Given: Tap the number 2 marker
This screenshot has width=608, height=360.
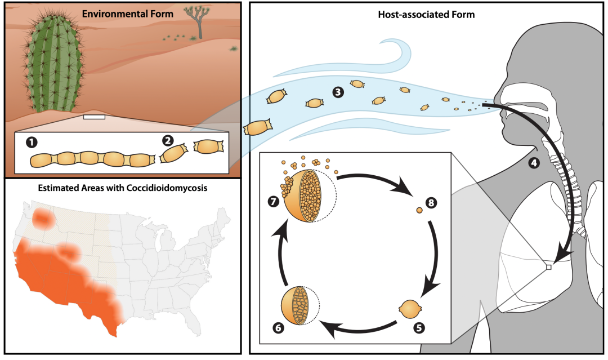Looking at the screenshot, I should point(167,139).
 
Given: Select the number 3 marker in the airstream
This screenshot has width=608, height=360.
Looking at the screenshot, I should point(338,92).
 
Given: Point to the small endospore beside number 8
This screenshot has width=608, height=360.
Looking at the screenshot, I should point(419,211).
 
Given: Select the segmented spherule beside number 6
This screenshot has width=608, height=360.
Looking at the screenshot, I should point(298,306).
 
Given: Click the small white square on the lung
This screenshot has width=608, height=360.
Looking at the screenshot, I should point(549,267).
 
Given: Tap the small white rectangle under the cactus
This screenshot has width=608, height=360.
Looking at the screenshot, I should point(93,117).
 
